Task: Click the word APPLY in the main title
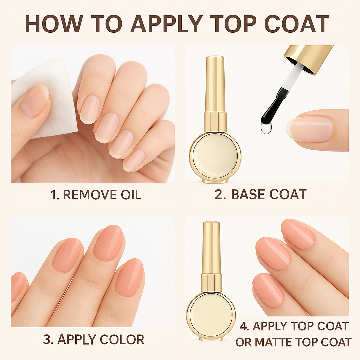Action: pos(167,24)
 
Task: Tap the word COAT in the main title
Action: pos(297,24)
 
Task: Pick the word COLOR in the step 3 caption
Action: pos(122,340)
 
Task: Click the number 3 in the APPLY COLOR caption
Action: pos(47,340)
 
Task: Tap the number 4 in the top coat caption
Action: pos(244,326)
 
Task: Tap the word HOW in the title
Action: pos(54,24)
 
